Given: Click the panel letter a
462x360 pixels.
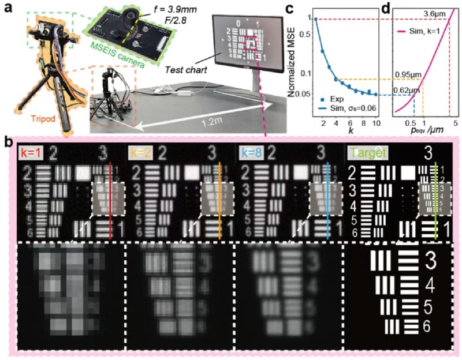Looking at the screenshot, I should pyautogui.click(x=8, y=9).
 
